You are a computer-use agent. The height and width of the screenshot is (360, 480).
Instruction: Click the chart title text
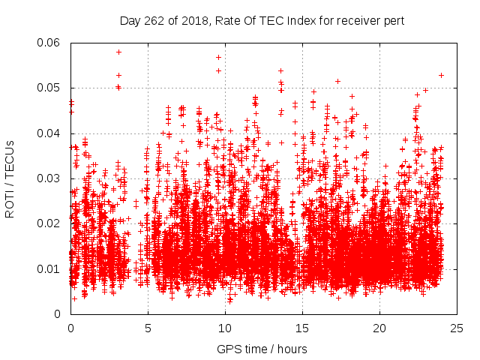pyautogui.click(x=262, y=21)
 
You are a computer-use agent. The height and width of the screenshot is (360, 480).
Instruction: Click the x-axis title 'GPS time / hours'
pyautogui.click(x=262, y=349)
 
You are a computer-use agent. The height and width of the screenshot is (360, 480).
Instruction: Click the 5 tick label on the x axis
pyautogui.click(x=148, y=328)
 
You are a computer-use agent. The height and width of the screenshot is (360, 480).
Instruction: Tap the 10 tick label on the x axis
pyautogui.click(x=225, y=328)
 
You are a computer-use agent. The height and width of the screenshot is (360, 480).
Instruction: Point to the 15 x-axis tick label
pyautogui.click(x=302, y=328)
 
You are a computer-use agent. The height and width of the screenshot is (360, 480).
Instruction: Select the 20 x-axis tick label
pyautogui.click(x=379, y=328)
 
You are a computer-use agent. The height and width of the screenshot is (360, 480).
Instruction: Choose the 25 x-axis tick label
pyautogui.click(x=457, y=328)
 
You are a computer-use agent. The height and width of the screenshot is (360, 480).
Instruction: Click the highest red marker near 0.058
pyautogui.click(x=118, y=52)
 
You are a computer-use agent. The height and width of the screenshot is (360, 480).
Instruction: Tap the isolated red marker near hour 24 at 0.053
pyautogui.click(x=441, y=75)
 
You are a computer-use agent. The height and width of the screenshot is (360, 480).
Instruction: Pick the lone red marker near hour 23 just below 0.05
pyautogui.click(x=425, y=90)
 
